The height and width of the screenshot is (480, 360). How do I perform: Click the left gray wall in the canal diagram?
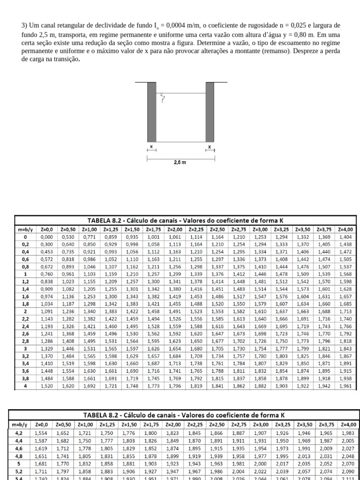tap(152, 112)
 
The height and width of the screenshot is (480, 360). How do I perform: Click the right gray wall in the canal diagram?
tap(210, 112)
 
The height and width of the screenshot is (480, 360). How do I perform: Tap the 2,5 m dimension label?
tap(180, 163)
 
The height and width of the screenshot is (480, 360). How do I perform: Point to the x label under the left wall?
tap(151, 147)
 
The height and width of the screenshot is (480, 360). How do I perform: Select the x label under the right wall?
tap(210, 147)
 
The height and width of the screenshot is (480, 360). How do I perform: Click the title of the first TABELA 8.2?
tap(186, 220)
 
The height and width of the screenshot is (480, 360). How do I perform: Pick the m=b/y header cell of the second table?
tap(22, 425)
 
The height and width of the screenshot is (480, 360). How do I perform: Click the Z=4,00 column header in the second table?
tap(347, 425)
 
